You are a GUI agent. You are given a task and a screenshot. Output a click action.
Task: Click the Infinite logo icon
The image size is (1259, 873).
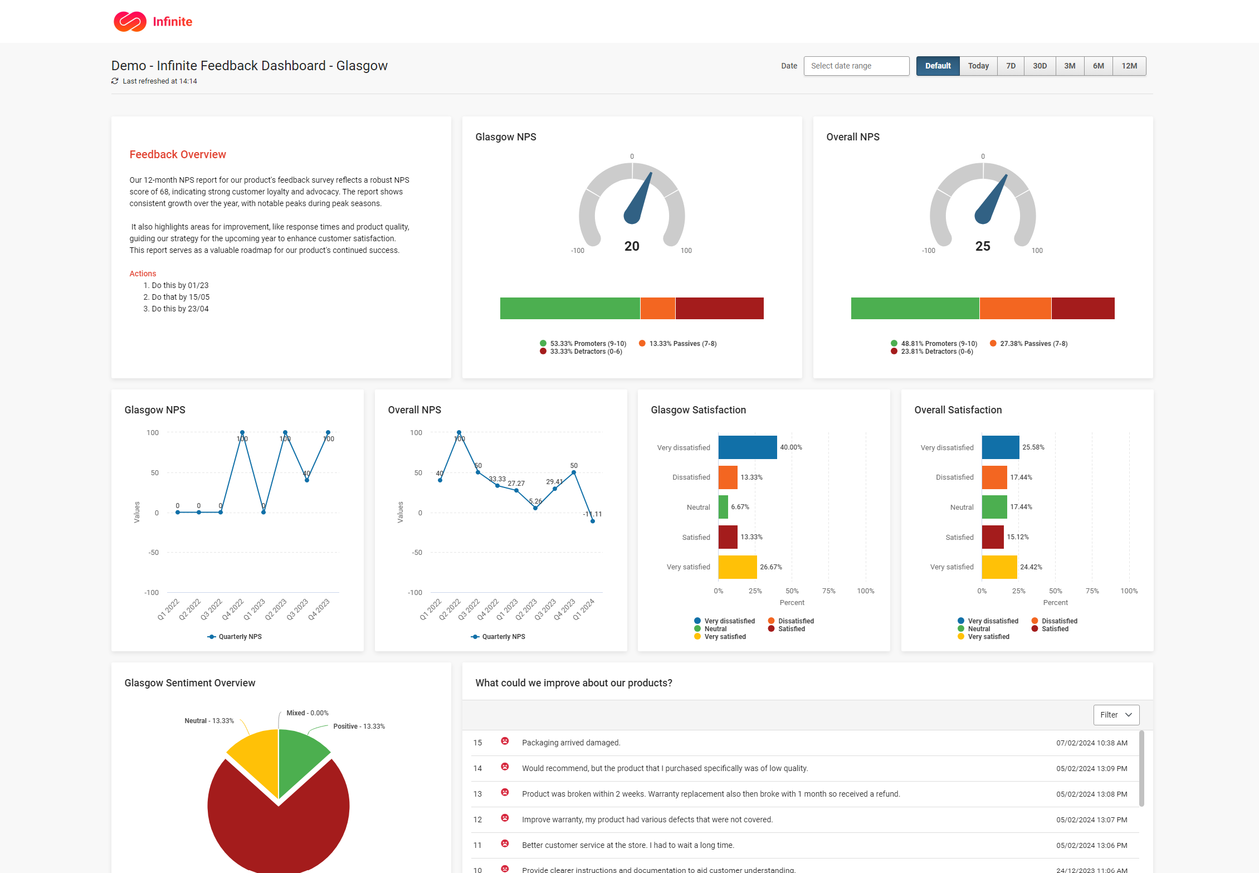click(x=130, y=22)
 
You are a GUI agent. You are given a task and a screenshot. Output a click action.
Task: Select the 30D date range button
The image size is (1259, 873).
click(x=1040, y=66)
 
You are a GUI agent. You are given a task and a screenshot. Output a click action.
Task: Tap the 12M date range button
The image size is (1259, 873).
click(x=1129, y=66)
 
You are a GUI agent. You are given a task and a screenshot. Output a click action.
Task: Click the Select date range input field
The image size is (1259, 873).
click(x=856, y=66)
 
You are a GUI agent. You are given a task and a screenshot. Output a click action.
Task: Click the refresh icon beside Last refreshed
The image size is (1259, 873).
click(x=115, y=81)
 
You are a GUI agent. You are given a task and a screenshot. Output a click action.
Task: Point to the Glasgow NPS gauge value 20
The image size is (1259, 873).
click(x=632, y=246)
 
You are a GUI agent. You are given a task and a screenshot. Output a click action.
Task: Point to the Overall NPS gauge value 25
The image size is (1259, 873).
click(x=983, y=246)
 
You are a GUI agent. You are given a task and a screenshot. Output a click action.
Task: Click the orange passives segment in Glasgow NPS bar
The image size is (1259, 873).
click(x=657, y=308)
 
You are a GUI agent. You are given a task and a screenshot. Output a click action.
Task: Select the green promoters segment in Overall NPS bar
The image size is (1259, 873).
click(x=915, y=308)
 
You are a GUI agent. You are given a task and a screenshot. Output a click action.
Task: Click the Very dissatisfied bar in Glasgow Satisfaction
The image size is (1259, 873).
click(x=747, y=447)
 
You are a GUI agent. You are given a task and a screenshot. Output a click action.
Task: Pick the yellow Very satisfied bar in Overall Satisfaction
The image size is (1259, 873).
click(x=999, y=567)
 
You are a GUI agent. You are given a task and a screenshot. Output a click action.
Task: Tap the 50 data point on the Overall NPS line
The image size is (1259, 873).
click(x=574, y=472)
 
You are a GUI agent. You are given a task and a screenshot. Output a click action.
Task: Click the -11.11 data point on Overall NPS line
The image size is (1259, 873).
click(x=593, y=521)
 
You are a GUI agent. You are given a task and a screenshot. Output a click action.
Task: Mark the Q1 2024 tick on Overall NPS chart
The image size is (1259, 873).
click(x=584, y=609)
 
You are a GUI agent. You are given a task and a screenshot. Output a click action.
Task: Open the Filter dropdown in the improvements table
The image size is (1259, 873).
click(x=1116, y=715)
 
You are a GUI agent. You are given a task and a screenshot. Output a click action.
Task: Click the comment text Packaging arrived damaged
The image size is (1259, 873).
click(x=571, y=743)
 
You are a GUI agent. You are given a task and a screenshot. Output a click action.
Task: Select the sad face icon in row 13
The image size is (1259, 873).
click(x=505, y=792)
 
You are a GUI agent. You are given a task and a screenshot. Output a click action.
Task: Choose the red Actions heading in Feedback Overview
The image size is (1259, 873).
click(x=143, y=274)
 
